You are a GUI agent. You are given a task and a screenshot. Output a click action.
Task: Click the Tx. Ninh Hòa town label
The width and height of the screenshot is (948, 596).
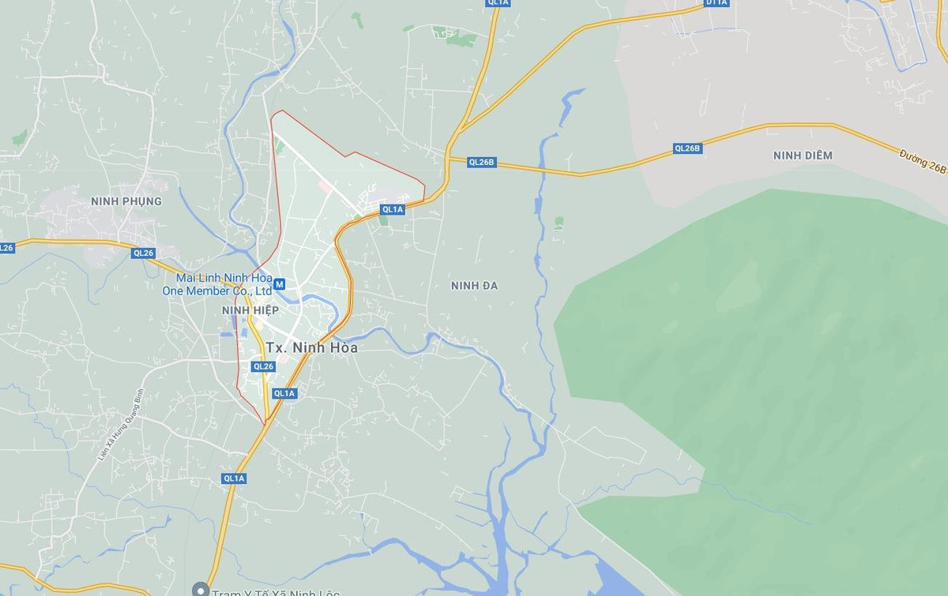point(312,347)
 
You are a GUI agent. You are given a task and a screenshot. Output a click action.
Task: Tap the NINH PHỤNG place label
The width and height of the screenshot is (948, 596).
point(126,201)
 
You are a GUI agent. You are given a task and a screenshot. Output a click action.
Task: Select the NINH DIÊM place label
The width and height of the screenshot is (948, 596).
point(803,156)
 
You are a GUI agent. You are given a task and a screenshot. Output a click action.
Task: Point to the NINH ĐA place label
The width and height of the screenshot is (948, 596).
point(474,285)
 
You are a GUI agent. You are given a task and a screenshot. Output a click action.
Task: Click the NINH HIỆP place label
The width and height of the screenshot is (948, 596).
point(250,310)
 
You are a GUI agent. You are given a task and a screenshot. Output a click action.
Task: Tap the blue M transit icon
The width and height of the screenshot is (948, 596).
point(280,284)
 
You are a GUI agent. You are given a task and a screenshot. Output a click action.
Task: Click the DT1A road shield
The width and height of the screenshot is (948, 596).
point(717,3)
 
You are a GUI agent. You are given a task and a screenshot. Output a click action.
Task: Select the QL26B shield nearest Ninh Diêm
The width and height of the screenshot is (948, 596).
point(687,148)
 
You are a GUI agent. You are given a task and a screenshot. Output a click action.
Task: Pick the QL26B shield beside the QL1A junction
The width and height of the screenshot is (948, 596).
point(481,162)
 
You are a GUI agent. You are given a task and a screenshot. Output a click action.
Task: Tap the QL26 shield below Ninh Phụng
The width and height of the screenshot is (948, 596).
point(144,253)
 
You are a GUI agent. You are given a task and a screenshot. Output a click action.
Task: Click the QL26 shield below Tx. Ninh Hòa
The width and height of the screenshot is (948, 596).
point(263,366)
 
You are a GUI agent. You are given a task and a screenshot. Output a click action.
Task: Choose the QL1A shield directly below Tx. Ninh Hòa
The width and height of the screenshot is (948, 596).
point(284,393)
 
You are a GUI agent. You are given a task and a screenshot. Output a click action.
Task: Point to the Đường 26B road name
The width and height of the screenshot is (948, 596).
point(923,163)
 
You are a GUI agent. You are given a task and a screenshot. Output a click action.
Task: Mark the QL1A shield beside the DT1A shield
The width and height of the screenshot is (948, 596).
point(498,3)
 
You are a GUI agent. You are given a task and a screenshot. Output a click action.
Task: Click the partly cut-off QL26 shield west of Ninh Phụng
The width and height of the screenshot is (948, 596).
point(6,248)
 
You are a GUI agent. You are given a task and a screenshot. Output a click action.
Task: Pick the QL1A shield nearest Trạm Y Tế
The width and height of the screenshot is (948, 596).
point(235,478)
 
